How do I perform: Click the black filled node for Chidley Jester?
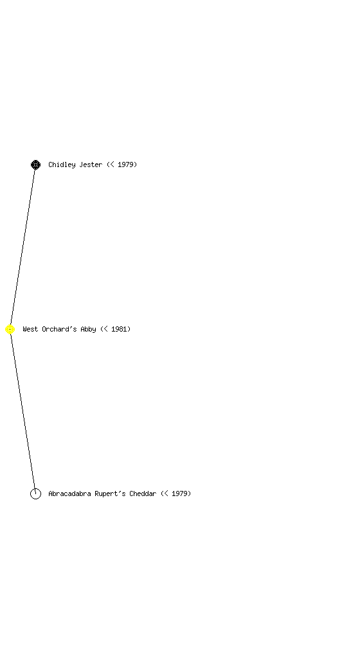coord(35,165)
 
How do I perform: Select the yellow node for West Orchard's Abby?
coord(10,330)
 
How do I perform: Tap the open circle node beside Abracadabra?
coord(35,494)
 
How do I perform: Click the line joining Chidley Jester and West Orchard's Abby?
coord(22,247)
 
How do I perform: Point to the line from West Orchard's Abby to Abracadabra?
coord(22,412)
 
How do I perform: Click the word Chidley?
coord(62,164)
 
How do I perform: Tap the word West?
coord(30,329)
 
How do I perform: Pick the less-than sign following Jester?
coord(112,164)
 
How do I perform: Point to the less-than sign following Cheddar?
coord(166,493)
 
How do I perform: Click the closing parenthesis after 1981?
coord(129,329)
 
